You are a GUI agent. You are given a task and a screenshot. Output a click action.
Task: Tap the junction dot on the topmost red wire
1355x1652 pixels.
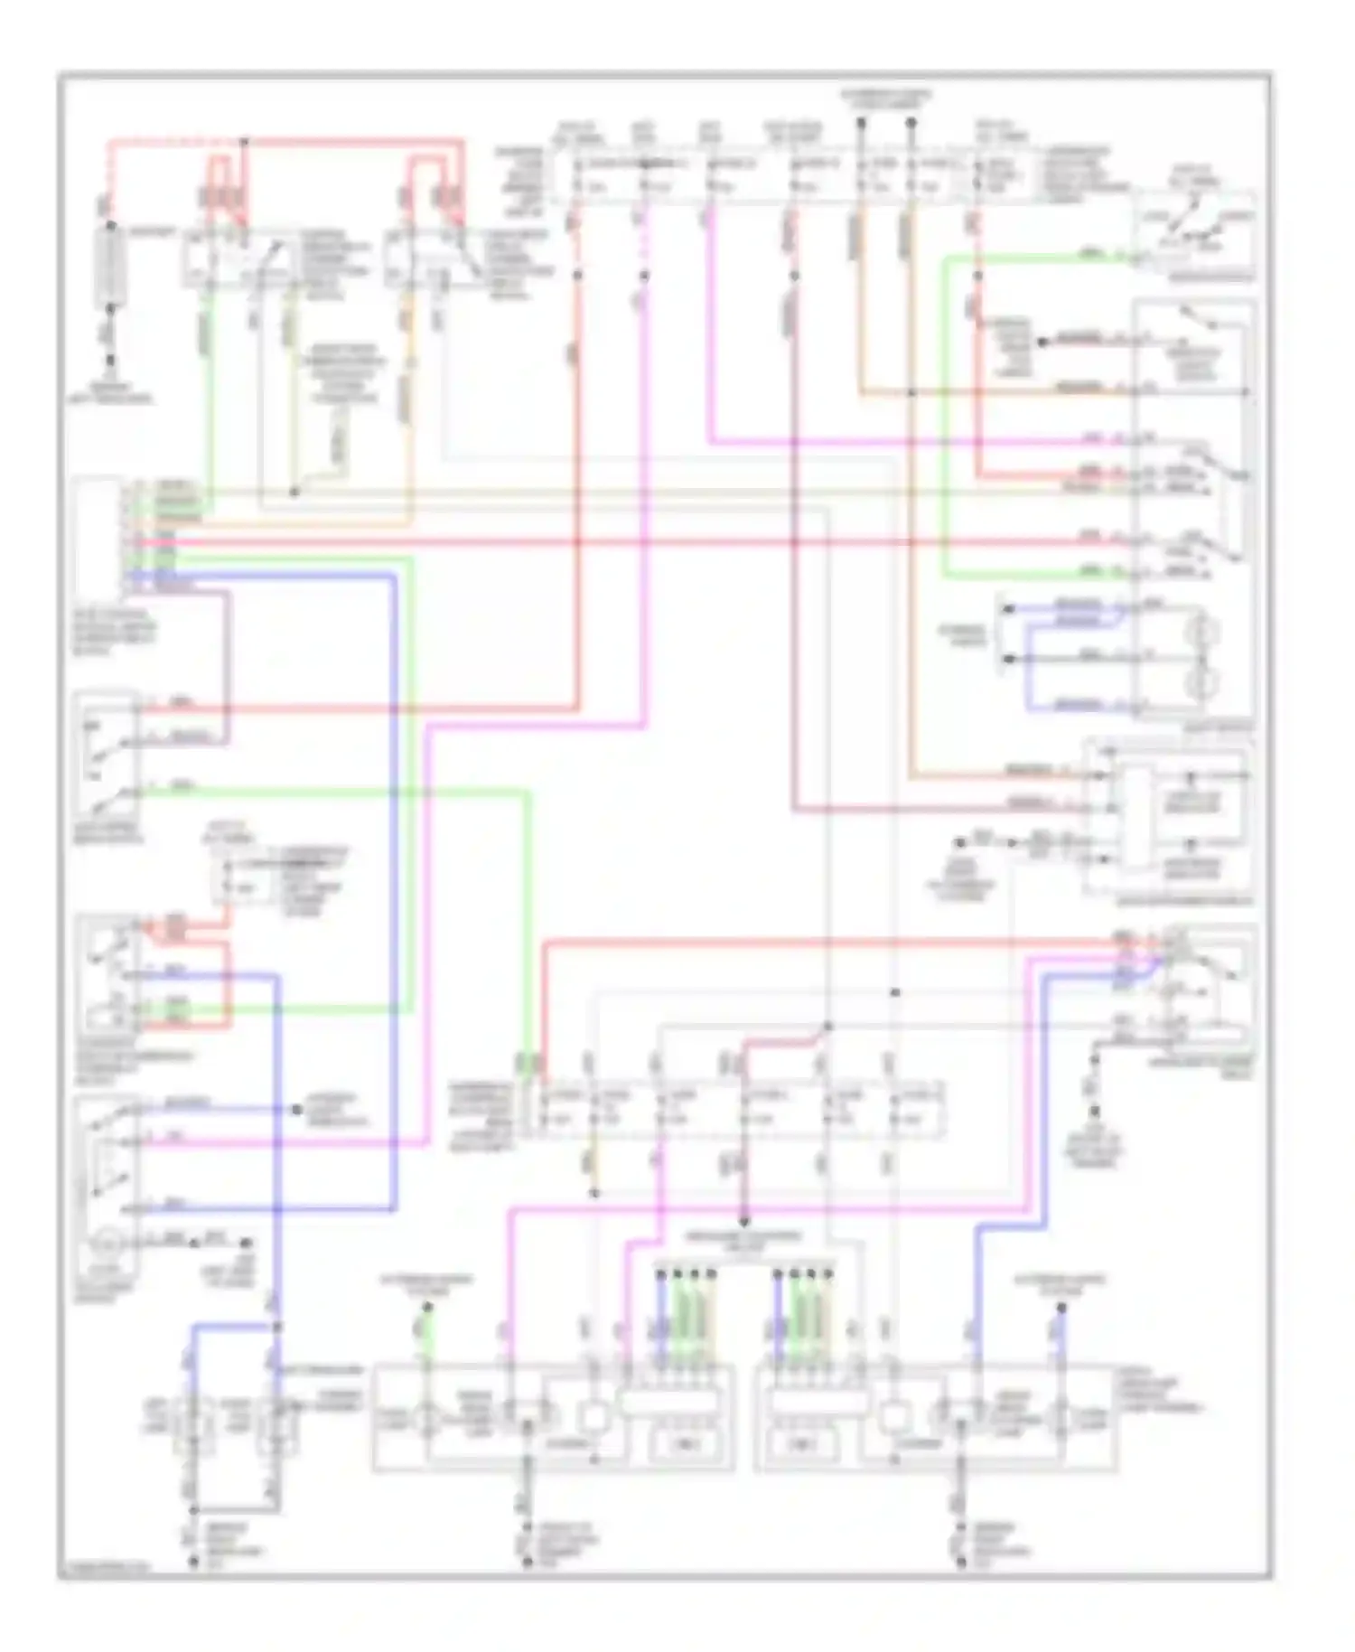[244, 142]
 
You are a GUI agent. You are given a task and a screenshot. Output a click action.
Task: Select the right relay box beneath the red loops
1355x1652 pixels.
[441, 260]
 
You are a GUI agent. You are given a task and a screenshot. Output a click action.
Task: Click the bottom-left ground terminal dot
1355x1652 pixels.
[193, 1561]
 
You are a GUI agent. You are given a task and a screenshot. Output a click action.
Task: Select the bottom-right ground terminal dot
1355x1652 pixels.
[961, 1561]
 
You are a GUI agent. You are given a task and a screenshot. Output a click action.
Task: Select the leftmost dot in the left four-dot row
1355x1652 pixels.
[660, 1274]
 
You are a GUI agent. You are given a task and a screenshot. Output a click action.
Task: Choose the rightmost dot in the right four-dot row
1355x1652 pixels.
[827, 1274]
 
